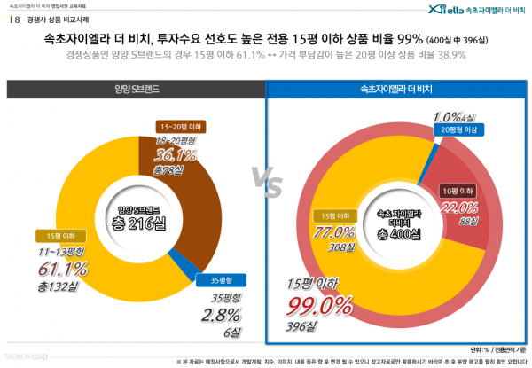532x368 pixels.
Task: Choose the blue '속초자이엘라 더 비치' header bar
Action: point(397,90)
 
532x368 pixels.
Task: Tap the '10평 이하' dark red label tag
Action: point(458,190)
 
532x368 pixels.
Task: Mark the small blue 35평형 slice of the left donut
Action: point(198,261)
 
